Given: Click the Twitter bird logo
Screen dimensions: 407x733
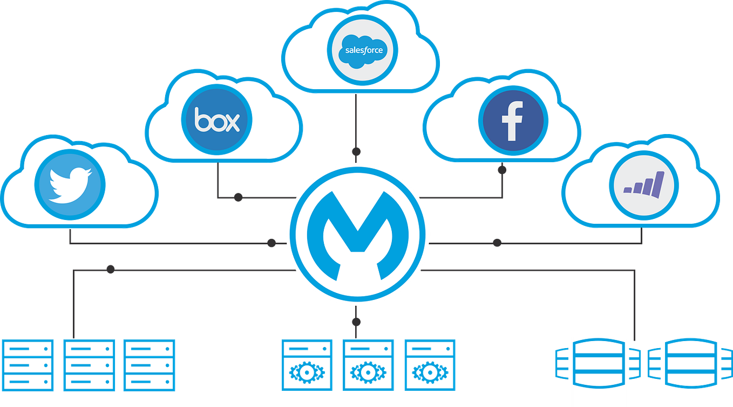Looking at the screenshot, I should click(x=69, y=184).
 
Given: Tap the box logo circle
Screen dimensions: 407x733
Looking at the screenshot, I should click(x=216, y=119).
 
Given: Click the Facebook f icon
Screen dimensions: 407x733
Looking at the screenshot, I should click(x=512, y=120).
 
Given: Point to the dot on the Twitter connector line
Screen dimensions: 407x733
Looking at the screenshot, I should click(x=272, y=244).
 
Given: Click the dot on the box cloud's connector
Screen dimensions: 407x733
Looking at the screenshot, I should click(x=238, y=198).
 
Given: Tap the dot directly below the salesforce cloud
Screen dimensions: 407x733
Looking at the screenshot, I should click(x=356, y=151).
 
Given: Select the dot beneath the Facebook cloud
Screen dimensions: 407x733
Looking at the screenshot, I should click(x=502, y=171).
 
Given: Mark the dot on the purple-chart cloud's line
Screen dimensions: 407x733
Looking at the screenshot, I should click(x=497, y=244).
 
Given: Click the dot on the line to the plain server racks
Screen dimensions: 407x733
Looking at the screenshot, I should click(x=111, y=269).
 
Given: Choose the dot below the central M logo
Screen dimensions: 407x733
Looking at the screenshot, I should click(x=355, y=323).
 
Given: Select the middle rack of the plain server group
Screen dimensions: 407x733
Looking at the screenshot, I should click(x=89, y=365).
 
